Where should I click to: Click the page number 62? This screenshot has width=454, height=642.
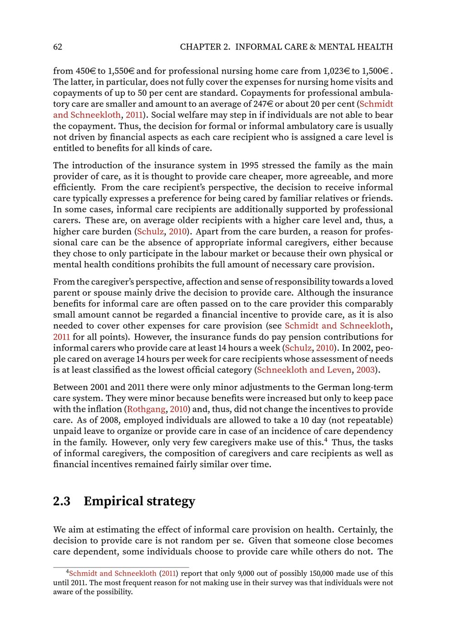tap(58, 47)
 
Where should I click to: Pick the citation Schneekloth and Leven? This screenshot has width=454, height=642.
tap(304, 370)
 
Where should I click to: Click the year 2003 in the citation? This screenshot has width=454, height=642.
tap(365, 370)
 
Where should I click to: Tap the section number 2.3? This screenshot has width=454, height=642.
tap(62, 501)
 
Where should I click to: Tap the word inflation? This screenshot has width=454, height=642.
tap(105, 410)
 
